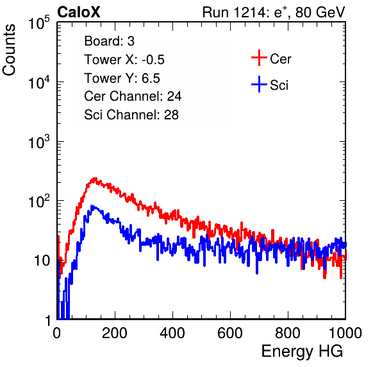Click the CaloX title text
point(79,12)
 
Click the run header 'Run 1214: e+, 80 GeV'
point(274,12)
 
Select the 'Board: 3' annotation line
point(109,41)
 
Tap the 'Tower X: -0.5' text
point(124,60)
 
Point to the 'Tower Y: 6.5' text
point(122,78)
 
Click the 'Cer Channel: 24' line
point(133,96)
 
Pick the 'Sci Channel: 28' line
point(131,115)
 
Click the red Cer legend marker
point(259,58)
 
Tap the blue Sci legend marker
point(259,84)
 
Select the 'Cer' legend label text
point(280,59)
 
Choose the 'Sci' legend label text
point(279,85)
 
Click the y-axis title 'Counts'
point(9,50)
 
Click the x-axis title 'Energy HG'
point(302,352)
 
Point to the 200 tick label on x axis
point(115,333)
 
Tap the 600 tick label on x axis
point(230,333)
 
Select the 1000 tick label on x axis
point(345,333)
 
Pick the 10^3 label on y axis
point(39,142)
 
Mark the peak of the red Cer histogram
point(95,178)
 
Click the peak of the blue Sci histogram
point(92,206)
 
